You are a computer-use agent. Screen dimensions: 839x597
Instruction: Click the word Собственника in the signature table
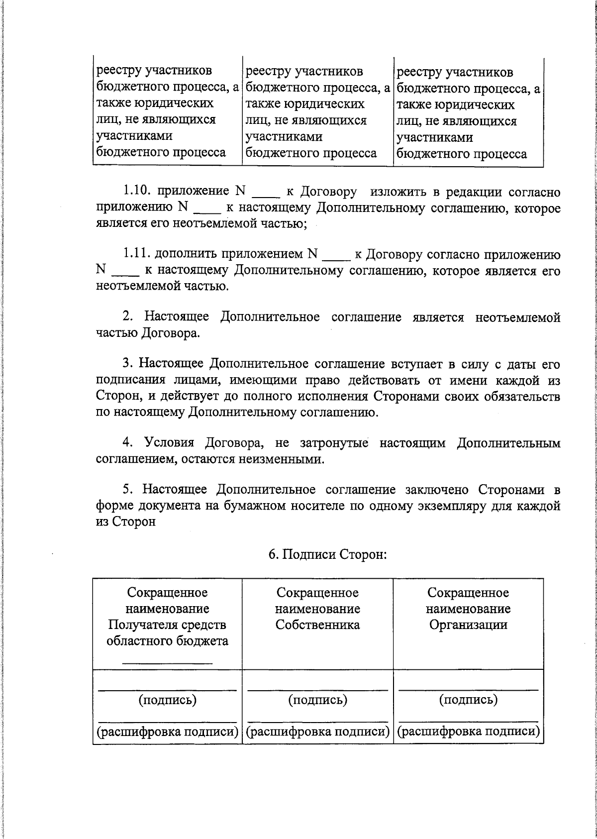click(317, 625)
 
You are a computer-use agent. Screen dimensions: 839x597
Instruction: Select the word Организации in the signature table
click(468, 625)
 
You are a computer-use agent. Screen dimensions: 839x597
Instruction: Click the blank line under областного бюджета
click(167, 662)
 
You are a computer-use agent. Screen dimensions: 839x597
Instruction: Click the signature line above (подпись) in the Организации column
click(468, 689)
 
